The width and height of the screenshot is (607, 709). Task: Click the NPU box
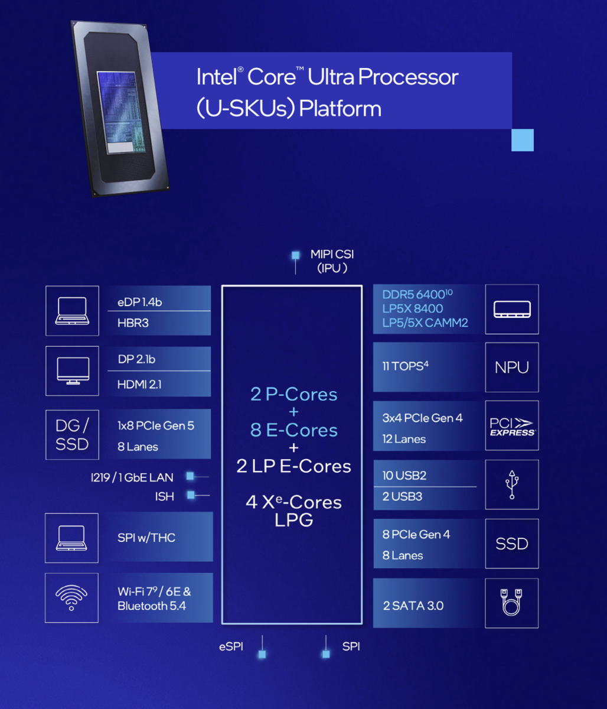point(511,367)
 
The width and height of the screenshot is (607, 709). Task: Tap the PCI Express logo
point(511,426)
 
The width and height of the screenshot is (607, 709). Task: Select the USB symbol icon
point(511,484)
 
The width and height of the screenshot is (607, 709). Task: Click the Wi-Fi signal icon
point(71,597)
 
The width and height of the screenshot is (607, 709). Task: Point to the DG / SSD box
point(72,434)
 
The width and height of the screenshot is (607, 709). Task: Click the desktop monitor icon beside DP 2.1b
point(72,371)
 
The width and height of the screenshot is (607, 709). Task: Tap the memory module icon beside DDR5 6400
point(511,309)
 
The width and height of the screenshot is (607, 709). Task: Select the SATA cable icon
point(511,603)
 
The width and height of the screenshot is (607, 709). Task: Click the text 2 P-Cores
point(293,394)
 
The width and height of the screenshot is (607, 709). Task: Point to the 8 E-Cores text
point(293,430)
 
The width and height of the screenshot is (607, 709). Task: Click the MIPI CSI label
point(332,255)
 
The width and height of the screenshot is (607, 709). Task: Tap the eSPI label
point(231,646)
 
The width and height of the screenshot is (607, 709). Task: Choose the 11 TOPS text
point(405,366)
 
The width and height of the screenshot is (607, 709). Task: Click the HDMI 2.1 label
point(139,385)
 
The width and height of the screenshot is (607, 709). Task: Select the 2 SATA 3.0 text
point(413,606)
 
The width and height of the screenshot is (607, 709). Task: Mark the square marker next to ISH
point(191,495)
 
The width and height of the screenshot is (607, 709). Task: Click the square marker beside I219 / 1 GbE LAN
point(190,476)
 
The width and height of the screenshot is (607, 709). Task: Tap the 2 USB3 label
point(402,496)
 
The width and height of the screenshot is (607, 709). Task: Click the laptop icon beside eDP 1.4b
point(71,311)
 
